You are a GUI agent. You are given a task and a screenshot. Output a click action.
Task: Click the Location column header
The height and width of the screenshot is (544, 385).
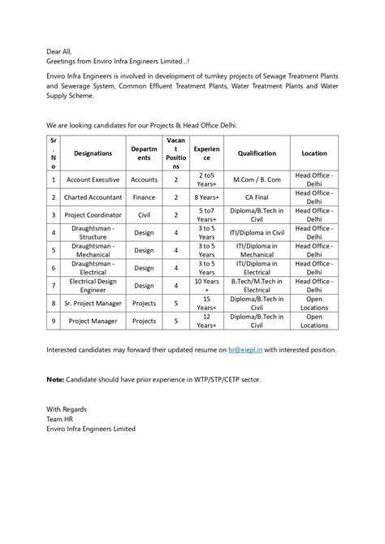point(314,153)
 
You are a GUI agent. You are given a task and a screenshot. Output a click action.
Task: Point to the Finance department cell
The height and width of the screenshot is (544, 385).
point(144,196)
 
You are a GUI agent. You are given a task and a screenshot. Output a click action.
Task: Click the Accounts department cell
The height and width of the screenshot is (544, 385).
point(144,179)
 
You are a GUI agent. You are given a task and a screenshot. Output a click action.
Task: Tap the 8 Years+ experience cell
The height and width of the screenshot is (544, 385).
point(207,196)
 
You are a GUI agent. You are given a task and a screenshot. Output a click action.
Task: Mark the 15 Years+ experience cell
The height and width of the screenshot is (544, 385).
point(207,303)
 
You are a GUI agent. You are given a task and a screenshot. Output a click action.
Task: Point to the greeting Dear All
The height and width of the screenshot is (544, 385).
point(59,50)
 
